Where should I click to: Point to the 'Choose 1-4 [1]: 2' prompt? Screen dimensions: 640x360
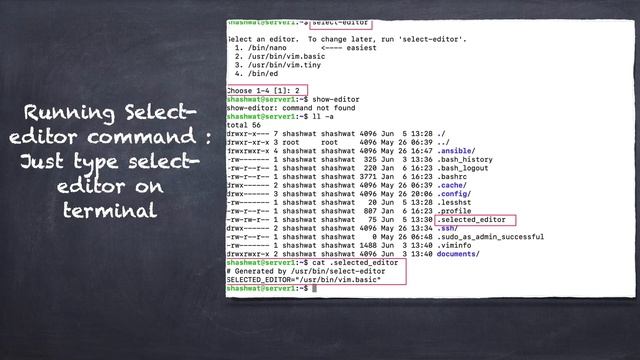click(265, 91)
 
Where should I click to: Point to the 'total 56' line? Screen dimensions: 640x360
click(244, 125)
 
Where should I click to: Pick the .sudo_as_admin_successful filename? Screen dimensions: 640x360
click(483, 237)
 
